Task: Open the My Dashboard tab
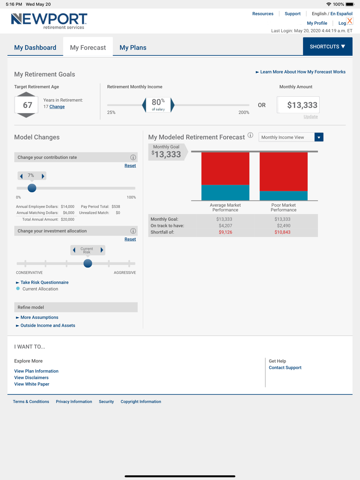(35, 47)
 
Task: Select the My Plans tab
(133, 47)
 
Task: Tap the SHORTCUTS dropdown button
(327, 47)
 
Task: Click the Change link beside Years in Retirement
(57, 107)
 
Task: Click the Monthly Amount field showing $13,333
(298, 105)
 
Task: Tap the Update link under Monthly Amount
(310, 117)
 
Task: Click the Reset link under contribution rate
(130, 166)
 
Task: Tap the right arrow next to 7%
(43, 176)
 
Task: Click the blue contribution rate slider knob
(32, 188)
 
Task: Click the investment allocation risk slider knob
(87, 263)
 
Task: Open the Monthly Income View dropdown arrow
(319, 137)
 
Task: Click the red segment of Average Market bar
(225, 168)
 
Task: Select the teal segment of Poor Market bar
(283, 195)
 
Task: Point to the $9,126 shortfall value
(225, 232)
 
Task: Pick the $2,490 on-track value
(282, 226)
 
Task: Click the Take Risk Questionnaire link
(44, 282)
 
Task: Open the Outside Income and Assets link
(48, 326)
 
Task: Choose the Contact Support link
(285, 368)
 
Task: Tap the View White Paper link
(32, 384)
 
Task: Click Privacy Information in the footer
(74, 402)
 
